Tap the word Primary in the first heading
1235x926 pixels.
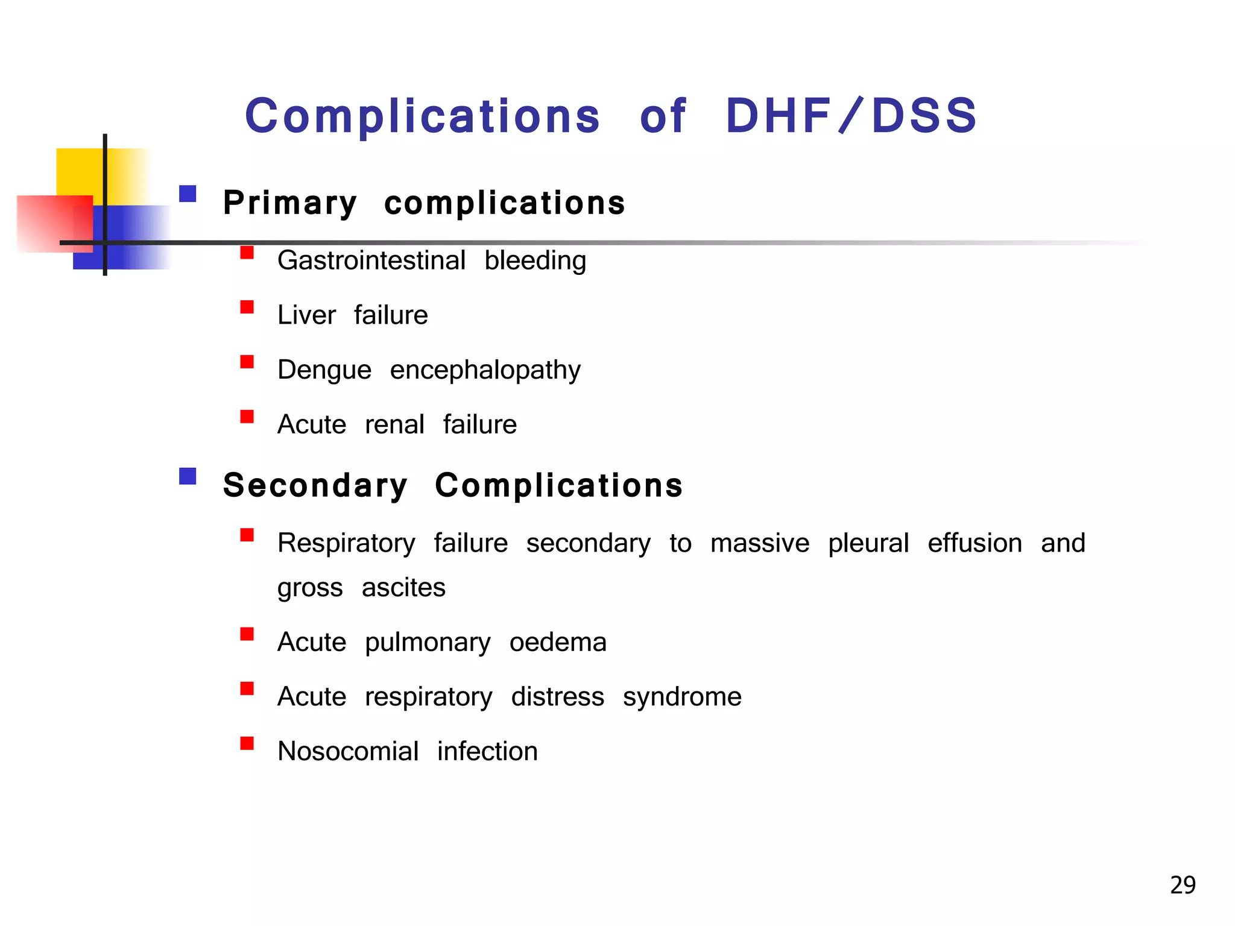pyautogui.click(x=290, y=203)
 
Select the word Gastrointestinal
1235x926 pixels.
pyautogui.click(x=371, y=260)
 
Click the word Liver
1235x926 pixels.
pyautogui.click(x=306, y=315)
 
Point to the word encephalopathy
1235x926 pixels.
pyautogui.click(x=485, y=370)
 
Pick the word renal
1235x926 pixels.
pyautogui.click(x=394, y=424)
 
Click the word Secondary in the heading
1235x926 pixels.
pyautogui.click(x=315, y=485)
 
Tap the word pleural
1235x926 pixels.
pyautogui.click(x=868, y=543)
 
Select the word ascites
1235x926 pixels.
pyautogui.click(x=403, y=587)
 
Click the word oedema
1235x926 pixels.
pyautogui.click(x=558, y=642)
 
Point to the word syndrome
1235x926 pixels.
pyautogui.click(x=682, y=697)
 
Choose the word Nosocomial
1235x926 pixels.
pyautogui.click(x=348, y=751)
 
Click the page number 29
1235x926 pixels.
pyautogui.click(x=1183, y=885)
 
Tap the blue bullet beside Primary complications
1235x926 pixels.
pyautogui.click(x=188, y=194)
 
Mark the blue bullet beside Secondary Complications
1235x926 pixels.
pyautogui.click(x=188, y=476)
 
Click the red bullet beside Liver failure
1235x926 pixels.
pyautogui.click(x=247, y=307)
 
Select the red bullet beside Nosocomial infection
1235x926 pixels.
pyautogui.click(x=247, y=743)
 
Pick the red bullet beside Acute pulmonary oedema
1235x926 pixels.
pyautogui.click(x=247, y=634)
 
